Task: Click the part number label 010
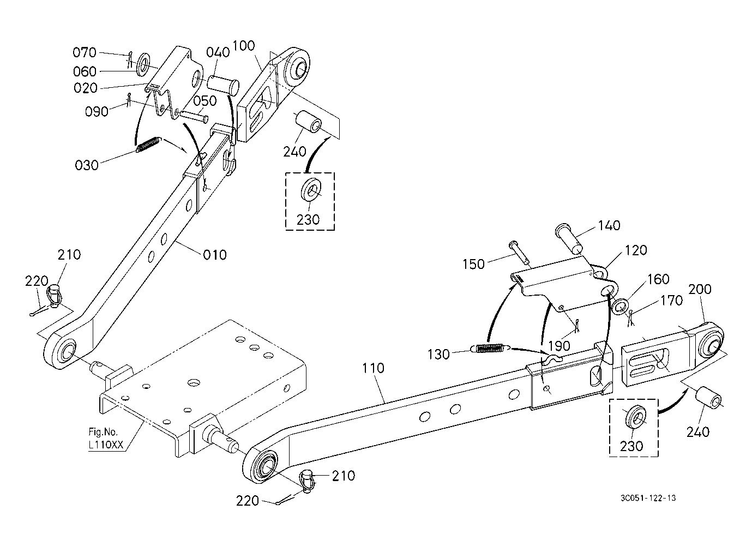click(x=215, y=255)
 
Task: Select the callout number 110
click(x=373, y=368)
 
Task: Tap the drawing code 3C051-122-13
click(x=648, y=497)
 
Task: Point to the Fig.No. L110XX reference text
click(x=106, y=438)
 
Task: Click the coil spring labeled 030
click(x=148, y=145)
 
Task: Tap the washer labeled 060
click(x=144, y=63)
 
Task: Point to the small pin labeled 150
click(x=519, y=252)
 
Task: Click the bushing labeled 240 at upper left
click(x=308, y=122)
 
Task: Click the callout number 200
click(x=700, y=289)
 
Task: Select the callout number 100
click(x=244, y=46)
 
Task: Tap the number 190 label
click(x=560, y=345)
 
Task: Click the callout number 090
click(x=97, y=112)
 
